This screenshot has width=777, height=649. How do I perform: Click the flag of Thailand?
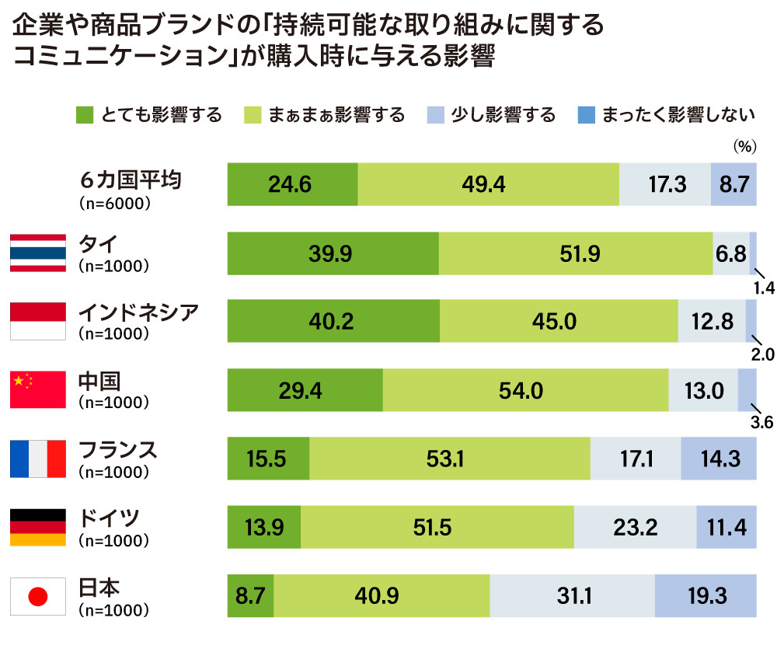coord(37,253)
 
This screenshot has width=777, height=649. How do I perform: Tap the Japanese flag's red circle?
coord(38,597)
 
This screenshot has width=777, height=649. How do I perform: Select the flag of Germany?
coord(37,528)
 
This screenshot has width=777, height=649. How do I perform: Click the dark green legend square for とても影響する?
coord(85,116)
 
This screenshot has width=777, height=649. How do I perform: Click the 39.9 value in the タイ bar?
coord(332,253)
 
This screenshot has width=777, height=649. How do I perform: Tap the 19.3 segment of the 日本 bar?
coord(706,597)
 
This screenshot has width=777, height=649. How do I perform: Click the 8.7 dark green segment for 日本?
coord(250,597)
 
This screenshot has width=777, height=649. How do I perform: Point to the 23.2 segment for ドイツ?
coord(635,528)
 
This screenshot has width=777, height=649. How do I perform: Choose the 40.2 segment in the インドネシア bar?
coord(333,322)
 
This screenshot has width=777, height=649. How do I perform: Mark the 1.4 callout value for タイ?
coord(763,287)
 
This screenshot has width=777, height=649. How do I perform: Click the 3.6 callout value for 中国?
coord(763,424)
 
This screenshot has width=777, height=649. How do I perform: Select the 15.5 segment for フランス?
coord(268,459)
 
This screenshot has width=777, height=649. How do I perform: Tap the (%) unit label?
coord(744,145)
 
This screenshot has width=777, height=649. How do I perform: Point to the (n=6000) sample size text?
coord(114,202)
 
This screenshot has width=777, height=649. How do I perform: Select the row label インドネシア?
coord(139,312)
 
